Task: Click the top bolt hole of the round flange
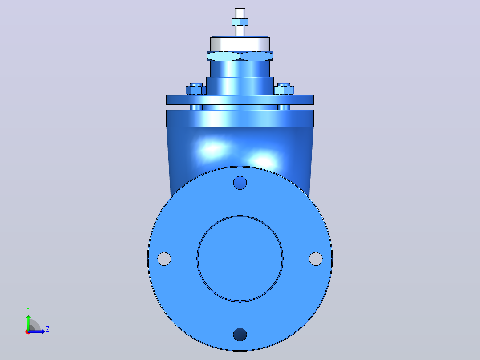tap(240, 183)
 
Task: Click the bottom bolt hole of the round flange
tap(240, 334)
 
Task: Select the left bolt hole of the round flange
tap(164, 258)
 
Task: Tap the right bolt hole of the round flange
tap(316, 258)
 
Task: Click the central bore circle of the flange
tap(240, 216)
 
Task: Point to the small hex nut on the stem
tap(240, 22)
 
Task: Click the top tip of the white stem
tap(240, 9)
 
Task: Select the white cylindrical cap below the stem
tap(240, 43)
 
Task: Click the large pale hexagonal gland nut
tap(240, 56)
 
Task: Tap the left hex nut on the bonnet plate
tap(196, 90)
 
